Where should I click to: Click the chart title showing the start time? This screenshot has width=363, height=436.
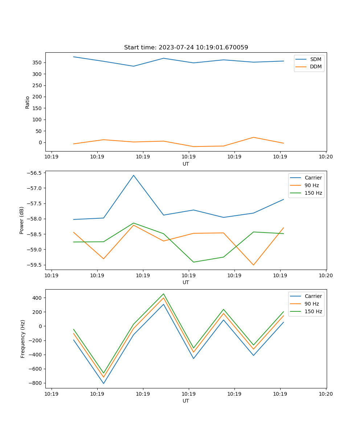pos(186,48)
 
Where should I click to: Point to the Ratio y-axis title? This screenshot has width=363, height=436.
pos(27,102)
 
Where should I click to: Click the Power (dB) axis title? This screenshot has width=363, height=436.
pos(22,220)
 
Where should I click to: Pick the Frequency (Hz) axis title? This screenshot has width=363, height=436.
pos(23,339)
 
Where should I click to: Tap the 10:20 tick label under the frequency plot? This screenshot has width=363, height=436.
pos(326,393)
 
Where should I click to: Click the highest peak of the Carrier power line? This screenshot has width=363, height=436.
pos(134,175)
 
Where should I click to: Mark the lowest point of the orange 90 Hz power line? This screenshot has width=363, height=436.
pos(253,265)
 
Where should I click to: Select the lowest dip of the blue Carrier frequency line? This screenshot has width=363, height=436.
pos(103,383)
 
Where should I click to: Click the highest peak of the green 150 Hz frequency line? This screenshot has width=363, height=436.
pos(164,294)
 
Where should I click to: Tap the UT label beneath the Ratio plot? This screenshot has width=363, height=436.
pos(186,164)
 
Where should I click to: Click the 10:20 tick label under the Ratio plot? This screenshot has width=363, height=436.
pos(326,157)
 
